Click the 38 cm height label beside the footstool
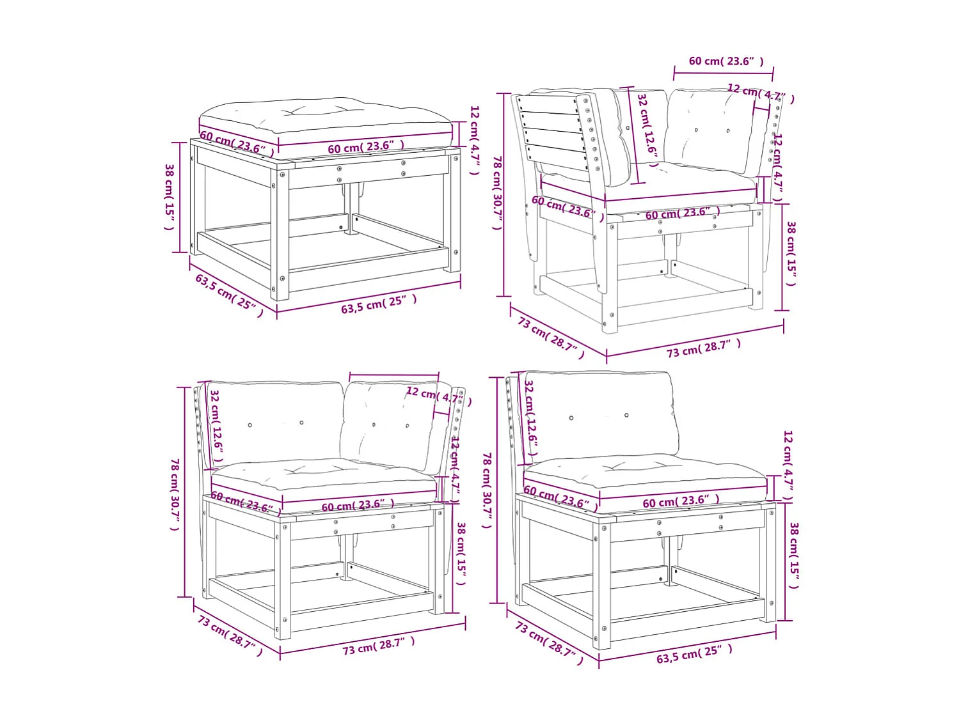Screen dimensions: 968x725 [170, 197]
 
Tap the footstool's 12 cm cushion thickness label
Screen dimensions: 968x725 [475, 140]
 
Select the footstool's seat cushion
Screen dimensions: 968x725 [326, 122]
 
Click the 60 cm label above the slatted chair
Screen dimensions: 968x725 [726, 61]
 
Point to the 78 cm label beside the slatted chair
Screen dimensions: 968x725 [498, 192]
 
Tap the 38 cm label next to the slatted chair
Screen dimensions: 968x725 [791, 253]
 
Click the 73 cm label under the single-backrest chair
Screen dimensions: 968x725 [549, 643]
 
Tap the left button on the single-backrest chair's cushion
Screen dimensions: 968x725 [571, 418]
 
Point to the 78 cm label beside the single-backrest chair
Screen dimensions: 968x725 [487, 490]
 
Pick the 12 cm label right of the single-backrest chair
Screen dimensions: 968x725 [788, 466]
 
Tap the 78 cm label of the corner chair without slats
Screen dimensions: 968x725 [175, 494]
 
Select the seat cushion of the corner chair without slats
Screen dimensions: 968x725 [324, 480]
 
